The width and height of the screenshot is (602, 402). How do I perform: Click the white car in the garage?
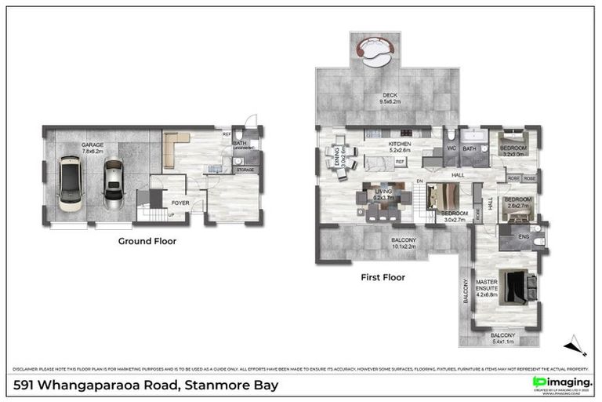tap(71, 183)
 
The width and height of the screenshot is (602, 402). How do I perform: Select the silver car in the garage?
tap(114, 184)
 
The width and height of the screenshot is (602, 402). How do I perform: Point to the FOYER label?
tap(180, 202)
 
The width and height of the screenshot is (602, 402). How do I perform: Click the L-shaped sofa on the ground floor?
tap(174, 147)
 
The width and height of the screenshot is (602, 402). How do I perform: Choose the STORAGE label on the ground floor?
tap(245, 170)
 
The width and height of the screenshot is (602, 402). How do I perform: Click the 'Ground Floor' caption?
tap(147, 241)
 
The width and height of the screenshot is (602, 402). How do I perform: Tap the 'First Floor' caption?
tap(383, 276)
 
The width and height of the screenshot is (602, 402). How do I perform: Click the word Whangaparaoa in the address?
tap(96, 386)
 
